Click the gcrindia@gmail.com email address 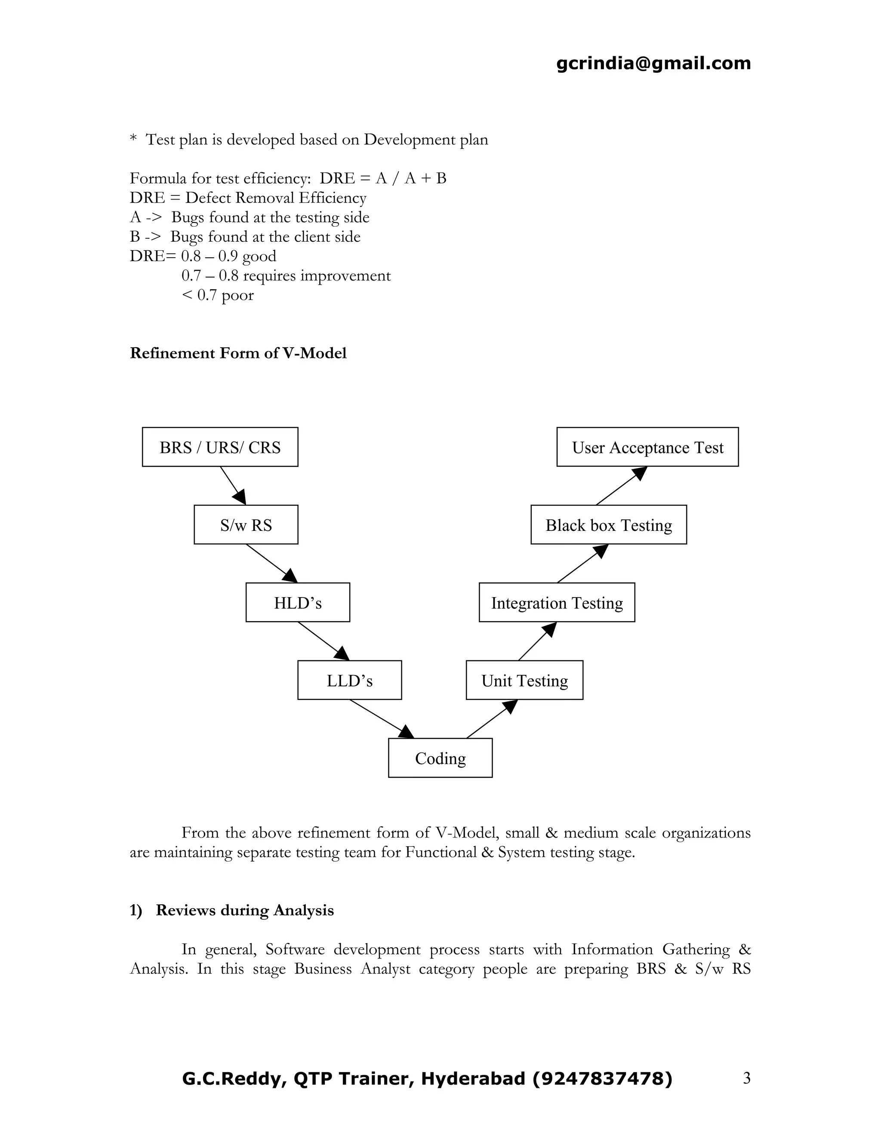point(653,63)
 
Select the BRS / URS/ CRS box point(220,447)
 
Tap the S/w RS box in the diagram point(246,524)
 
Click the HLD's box point(298,602)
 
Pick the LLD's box point(349,680)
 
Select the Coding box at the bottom point(440,758)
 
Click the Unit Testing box point(524,680)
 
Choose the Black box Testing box point(609,524)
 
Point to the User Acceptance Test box point(647,447)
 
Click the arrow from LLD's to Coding point(382,719)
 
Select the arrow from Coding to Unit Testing point(492,719)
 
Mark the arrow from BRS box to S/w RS point(233,485)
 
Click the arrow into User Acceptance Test point(621,485)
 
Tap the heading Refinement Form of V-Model point(238,353)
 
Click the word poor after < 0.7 point(237,296)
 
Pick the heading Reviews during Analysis point(244,910)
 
